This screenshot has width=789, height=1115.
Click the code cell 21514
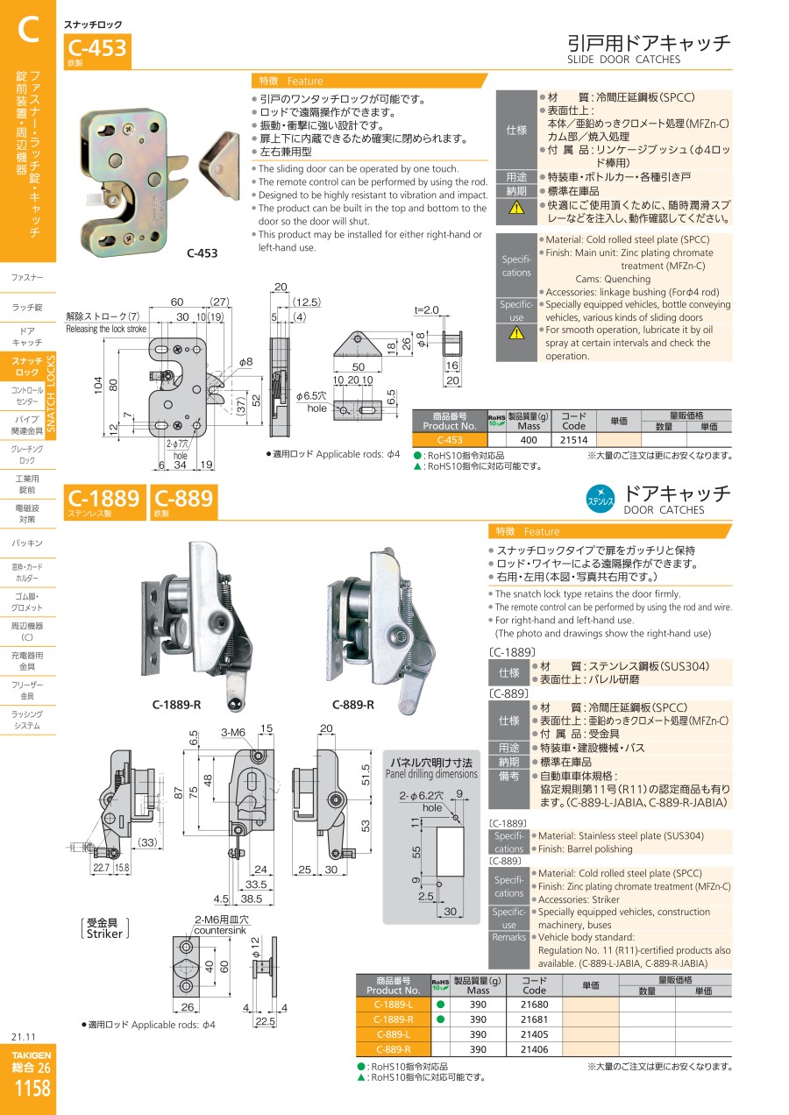(573, 440)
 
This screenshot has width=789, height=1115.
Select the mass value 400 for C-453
(528, 440)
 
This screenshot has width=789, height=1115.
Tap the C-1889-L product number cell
(394, 1005)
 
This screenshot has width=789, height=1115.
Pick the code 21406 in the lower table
(534, 1049)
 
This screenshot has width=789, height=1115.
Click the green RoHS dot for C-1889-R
(440, 1019)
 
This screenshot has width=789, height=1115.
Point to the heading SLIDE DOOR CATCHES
(623, 60)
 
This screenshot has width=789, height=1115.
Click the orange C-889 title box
(184, 501)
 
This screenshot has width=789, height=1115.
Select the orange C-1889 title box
(104, 501)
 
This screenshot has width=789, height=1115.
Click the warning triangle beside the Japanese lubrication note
(516, 208)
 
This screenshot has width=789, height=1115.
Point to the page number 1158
(32, 1088)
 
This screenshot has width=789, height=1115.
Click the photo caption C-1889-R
(177, 705)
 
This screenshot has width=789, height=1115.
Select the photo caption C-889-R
(353, 705)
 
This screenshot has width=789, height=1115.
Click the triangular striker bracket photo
(220, 166)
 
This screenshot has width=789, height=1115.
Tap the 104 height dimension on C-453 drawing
(98, 386)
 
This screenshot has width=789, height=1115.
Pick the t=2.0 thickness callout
(427, 310)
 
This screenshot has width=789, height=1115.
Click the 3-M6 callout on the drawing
(233, 732)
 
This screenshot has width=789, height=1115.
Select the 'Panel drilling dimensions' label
(431, 774)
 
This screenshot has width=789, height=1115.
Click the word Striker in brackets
(104, 934)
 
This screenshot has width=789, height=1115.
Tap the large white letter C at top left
(28, 29)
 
